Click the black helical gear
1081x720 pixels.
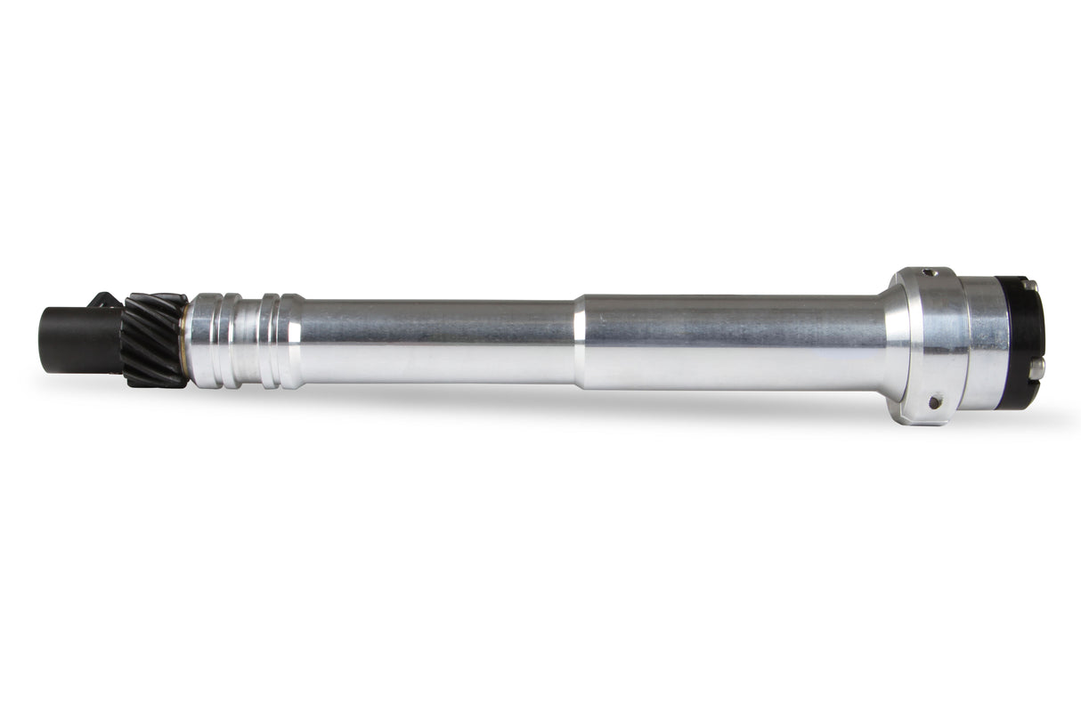[155, 340]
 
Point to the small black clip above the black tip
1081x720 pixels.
[106, 300]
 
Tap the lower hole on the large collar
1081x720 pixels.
[934, 402]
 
